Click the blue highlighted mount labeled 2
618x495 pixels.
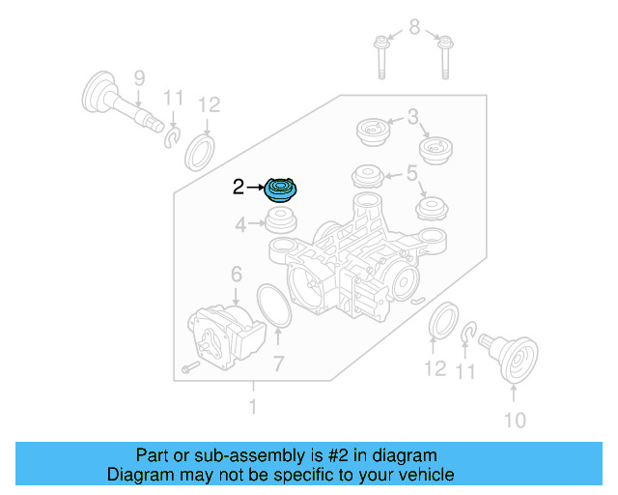283,189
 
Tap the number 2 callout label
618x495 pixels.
239,188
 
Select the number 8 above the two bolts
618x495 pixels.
414,27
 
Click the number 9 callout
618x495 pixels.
138,77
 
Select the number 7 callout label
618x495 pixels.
278,364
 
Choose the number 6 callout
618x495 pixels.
236,277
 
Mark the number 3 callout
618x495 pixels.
412,118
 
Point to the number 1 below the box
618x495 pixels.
253,407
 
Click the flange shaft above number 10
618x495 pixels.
514,357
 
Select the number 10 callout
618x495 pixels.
515,420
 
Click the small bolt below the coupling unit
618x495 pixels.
188,369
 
